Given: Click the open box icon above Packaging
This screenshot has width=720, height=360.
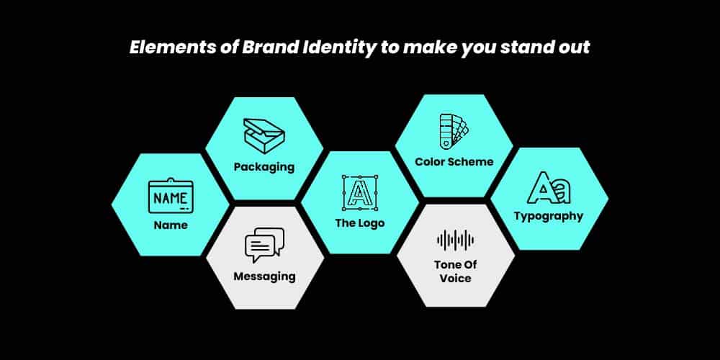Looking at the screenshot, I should click(264, 135).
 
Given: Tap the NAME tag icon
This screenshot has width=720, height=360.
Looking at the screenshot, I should click(171, 195).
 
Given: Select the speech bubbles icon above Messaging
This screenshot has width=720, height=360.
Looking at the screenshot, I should click(264, 245).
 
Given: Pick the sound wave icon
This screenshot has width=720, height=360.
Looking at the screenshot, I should click(455, 240).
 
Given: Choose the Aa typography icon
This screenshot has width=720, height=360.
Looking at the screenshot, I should click(549, 188).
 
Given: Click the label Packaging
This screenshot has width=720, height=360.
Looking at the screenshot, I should click(264, 167).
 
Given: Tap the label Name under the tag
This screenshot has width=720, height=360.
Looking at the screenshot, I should click(171, 225).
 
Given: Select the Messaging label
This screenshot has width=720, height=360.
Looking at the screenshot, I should click(264, 276).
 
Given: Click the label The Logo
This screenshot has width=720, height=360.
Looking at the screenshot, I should click(360, 223).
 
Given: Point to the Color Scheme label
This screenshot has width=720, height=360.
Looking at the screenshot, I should click(454, 161).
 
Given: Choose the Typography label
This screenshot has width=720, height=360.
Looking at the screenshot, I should click(549, 216).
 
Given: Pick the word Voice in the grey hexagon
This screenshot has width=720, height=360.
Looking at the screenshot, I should click(456, 279).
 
